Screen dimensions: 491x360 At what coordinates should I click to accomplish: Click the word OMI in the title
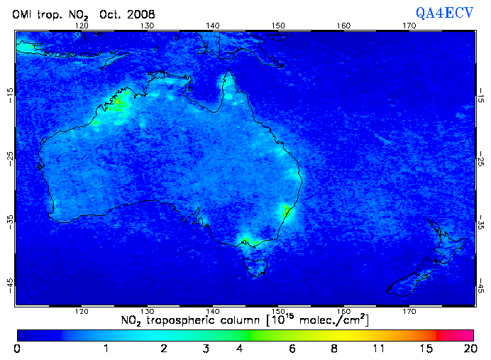[x=23, y=15]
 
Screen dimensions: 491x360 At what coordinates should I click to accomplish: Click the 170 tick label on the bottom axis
[x=409, y=312]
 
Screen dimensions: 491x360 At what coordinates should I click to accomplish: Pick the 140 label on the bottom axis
[x=213, y=312]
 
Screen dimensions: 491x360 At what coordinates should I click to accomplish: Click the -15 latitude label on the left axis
[x=9, y=93]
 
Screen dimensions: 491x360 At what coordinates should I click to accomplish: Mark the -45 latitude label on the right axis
[x=480, y=285]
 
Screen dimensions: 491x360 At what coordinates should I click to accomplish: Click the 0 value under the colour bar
[x=16, y=349]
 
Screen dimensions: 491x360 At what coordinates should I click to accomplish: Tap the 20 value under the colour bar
[x=468, y=349]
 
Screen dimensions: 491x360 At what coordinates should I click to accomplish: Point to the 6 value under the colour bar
[x=292, y=349]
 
